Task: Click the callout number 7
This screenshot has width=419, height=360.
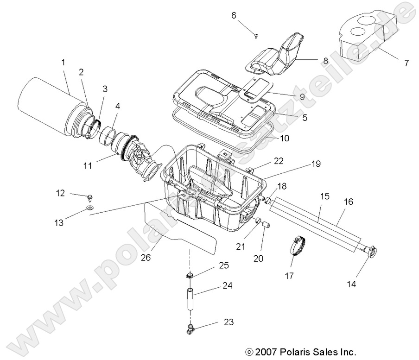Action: (406, 63)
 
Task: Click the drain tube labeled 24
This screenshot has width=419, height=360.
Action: (190, 300)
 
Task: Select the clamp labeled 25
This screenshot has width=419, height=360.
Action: (189, 276)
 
